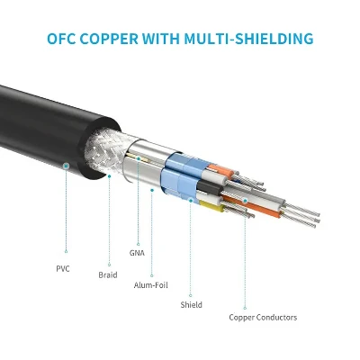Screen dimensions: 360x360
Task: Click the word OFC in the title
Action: (x=61, y=39)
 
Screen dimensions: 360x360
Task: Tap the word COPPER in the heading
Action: (x=110, y=39)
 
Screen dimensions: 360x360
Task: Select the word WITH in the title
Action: (x=161, y=39)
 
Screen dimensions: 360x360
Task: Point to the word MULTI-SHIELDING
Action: (x=248, y=39)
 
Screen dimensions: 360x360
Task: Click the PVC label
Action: (x=63, y=268)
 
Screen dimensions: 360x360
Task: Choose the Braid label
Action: (x=108, y=274)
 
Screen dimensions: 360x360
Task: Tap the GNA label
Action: (x=137, y=253)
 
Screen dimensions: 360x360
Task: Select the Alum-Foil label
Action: (x=151, y=285)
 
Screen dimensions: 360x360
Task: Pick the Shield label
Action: (x=191, y=305)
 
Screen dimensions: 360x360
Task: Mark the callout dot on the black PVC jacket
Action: (x=67, y=166)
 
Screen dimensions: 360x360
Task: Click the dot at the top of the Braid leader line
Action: (x=110, y=176)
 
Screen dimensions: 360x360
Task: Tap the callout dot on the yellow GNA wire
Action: (x=139, y=158)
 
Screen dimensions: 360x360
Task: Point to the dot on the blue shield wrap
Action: (x=191, y=200)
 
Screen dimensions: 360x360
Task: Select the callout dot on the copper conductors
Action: (x=245, y=201)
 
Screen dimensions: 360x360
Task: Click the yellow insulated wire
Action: (x=211, y=206)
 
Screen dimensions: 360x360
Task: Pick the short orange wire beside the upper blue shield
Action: (x=221, y=170)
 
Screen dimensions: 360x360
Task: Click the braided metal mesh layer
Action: (x=106, y=150)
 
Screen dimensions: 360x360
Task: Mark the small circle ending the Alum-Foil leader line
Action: (x=152, y=275)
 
